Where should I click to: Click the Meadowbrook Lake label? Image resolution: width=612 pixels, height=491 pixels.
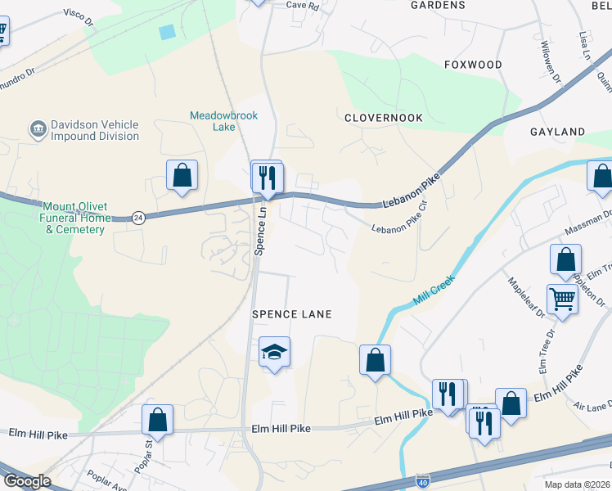point(223,121)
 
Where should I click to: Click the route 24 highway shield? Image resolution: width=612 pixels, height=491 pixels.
point(139,218)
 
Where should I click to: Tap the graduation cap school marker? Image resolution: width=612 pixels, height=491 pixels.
point(274,353)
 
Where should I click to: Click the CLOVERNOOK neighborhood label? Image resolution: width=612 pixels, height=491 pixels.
point(384,118)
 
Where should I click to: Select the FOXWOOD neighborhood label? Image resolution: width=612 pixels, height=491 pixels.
point(473,65)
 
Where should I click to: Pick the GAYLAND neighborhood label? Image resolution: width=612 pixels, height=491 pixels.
point(557,132)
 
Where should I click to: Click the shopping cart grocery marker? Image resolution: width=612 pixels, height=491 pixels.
point(562,299)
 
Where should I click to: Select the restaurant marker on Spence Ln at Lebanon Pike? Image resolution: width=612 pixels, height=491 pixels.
point(267,177)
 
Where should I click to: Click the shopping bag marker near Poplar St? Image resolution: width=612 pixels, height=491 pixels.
point(157,419)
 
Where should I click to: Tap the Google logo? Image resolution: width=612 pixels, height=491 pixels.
point(26,481)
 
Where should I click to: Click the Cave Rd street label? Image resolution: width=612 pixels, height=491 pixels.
point(302,5)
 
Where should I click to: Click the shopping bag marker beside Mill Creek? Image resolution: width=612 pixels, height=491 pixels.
point(375,359)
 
